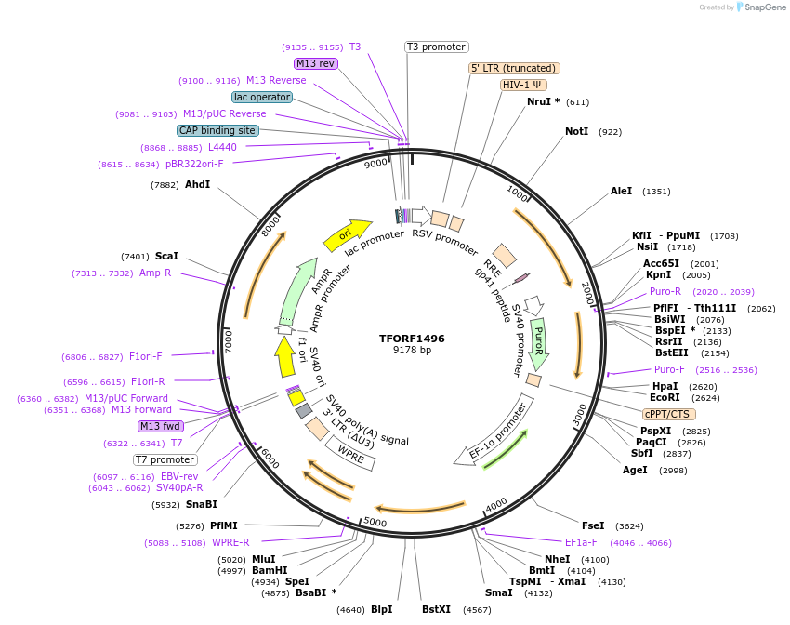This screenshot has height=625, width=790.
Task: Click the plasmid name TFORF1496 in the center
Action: (412, 339)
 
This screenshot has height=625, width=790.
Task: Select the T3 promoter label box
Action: (437, 47)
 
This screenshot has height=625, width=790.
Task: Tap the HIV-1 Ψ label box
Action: (523, 85)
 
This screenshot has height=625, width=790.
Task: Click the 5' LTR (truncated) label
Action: (513, 68)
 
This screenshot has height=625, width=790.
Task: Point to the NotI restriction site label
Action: (576, 132)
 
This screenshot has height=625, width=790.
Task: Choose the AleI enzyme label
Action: (621, 192)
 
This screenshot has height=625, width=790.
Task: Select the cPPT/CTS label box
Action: (669, 414)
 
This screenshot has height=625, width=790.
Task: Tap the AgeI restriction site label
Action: (635, 471)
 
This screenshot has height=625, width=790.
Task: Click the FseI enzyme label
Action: (593, 525)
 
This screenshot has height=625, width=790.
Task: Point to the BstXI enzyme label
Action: (436, 610)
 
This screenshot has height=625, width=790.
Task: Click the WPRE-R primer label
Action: (230, 543)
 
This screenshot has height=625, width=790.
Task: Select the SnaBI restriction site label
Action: (201, 504)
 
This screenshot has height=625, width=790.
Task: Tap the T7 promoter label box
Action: (165, 459)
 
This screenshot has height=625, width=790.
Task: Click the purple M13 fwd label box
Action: (160, 426)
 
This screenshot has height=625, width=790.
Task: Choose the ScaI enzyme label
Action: (166, 256)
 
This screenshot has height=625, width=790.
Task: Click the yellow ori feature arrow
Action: (346, 234)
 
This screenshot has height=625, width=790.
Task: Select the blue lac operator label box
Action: (262, 97)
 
